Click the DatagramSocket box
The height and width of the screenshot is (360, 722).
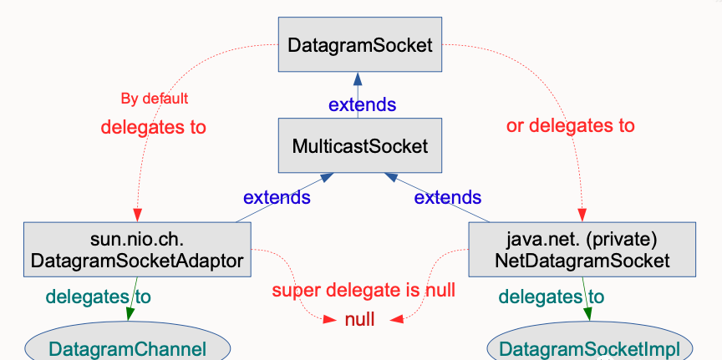coord(360,44)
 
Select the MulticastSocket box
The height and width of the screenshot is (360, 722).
coord(360,145)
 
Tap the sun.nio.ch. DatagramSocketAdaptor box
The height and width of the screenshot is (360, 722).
coord(137,250)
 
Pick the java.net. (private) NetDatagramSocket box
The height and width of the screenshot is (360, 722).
coord(582,250)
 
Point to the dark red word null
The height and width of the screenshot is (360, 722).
coord(359,319)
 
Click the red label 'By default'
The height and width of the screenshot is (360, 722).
coord(155,99)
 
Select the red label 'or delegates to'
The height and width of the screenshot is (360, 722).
coord(571,125)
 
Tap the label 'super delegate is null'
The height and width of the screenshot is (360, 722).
coord(364,291)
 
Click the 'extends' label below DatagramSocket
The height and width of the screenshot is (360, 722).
coord(362,105)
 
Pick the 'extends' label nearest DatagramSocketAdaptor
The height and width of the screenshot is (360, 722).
coord(277,197)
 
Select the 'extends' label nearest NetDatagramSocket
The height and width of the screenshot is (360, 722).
coord(448,197)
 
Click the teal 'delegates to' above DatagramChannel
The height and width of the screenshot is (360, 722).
coord(98,297)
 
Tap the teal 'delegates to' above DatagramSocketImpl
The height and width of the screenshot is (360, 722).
coord(552,297)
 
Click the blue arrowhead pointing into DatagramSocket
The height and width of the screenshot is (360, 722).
coord(358,79)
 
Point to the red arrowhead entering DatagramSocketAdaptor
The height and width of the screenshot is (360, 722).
coord(137,215)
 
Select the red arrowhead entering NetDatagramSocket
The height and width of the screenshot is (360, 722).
coord(582,215)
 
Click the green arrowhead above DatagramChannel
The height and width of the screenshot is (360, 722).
coord(130,314)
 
